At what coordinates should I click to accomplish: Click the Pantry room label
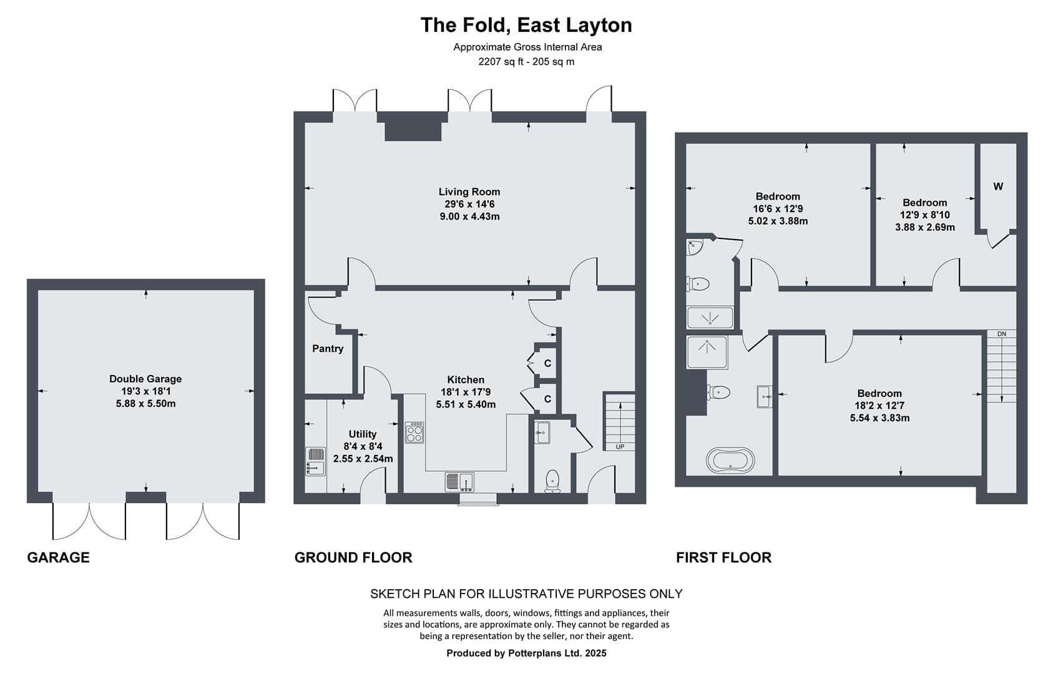328,349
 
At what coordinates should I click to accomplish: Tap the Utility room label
363,434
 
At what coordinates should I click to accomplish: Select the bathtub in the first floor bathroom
730,460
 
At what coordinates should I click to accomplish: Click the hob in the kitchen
414,432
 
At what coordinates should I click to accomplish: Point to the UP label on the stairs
620,447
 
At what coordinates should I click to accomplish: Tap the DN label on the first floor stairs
1002,334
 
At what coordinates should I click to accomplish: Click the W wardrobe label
998,187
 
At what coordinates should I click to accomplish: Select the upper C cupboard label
547,363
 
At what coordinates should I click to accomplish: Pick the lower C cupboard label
547,399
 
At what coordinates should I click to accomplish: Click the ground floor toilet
552,481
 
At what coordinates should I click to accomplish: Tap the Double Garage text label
145,379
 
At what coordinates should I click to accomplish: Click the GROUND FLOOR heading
353,557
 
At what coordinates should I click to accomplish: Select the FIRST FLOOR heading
724,557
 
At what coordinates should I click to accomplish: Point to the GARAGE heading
58,557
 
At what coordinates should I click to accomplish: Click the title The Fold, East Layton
526,26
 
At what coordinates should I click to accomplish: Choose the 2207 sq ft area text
500,62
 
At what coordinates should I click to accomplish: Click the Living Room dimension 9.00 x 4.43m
469,217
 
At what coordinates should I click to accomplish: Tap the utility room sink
315,461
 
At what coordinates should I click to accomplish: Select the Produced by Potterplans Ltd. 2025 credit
527,653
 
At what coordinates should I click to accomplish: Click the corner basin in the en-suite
694,247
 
